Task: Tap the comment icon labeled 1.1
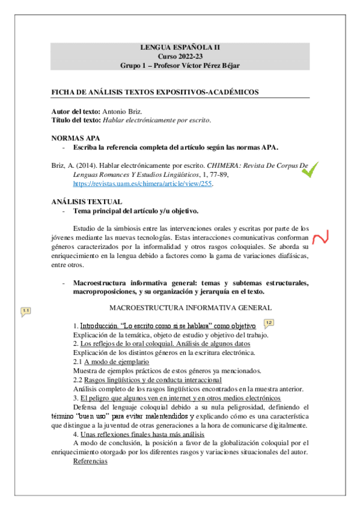pyautogui.click(x=25, y=311)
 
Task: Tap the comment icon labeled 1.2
pyautogui.click(x=269, y=323)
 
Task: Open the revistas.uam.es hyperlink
pyautogui.click(x=142, y=184)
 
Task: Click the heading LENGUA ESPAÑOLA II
pyautogui.click(x=180, y=46)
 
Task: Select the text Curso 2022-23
pyautogui.click(x=180, y=55)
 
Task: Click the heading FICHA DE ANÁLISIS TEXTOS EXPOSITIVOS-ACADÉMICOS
pyautogui.click(x=155, y=92)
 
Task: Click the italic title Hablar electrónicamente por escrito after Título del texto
pyautogui.click(x=157, y=120)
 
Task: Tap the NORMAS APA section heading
pyautogui.click(x=76, y=138)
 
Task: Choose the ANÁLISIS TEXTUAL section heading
pyautogui.click(x=87, y=201)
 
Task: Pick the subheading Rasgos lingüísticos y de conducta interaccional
pyautogui.click(x=153, y=379)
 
